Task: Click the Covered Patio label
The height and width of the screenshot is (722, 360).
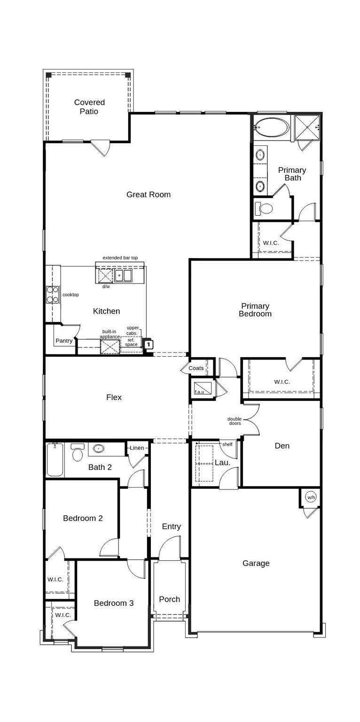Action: (89, 107)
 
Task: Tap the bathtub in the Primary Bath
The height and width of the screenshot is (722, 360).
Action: (272, 127)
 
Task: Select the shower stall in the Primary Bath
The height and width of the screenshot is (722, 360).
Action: (307, 127)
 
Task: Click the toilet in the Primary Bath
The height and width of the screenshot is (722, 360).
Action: (264, 208)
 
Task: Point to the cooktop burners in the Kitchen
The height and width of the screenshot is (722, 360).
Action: (52, 295)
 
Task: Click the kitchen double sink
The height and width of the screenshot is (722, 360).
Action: (124, 275)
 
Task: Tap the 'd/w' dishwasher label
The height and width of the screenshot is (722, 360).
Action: (106, 287)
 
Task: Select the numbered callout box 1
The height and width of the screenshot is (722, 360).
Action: (148, 345)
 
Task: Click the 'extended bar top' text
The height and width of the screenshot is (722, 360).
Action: (120, 258)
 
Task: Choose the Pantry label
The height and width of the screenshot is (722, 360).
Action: (64, 341)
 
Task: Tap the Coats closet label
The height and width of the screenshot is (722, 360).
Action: (196, 368)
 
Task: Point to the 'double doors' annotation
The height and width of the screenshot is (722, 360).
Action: (235, 421)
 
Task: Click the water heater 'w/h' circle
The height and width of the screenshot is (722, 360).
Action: (311, 497)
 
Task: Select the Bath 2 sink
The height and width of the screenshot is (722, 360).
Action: (98, 448)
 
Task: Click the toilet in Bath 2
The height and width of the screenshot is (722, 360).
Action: (78, 454)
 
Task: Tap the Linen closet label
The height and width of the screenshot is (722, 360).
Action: (137, 448)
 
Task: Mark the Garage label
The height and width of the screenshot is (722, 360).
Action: (256, 563)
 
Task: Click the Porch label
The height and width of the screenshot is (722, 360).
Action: (169, 599)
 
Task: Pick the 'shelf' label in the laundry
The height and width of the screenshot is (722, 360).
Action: (227, 444)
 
